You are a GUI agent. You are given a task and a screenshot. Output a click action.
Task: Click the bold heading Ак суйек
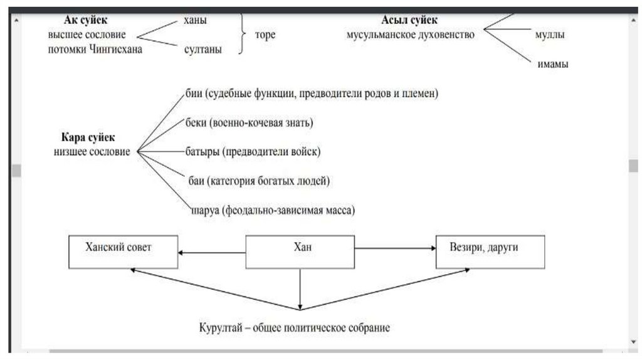point(86,20)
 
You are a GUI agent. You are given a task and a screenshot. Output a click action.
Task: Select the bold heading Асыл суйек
point(409,20)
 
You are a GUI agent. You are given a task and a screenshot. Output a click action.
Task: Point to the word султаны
point(203,50)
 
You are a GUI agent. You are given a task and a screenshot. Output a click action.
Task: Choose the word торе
point(265,35)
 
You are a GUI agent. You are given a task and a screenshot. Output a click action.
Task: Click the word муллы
point(550,35)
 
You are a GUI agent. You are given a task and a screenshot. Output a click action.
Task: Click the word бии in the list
point(194,94)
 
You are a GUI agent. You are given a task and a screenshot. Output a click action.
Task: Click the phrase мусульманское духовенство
point(410,35)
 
